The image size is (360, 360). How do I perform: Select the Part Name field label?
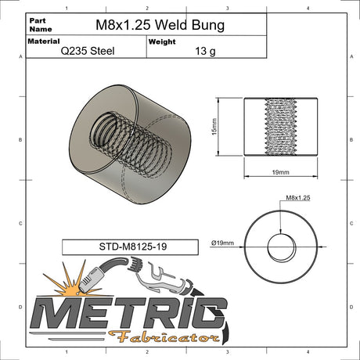pyautogui.click(x=40, y=25)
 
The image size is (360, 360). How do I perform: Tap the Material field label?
pyautogui.click(x=45, y=40)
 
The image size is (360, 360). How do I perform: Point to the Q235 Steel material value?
pyautogui.click(x=87, y=51)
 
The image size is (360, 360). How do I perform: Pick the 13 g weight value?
pyautogui.click(x=206, y=51)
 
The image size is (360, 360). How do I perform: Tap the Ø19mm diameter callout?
pyautogui.click(x=224, y=243)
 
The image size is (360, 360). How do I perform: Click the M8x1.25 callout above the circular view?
pyautogui.click(x=298, y=199)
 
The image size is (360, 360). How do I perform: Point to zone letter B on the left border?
pyautogui.click(x=19, y=140)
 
